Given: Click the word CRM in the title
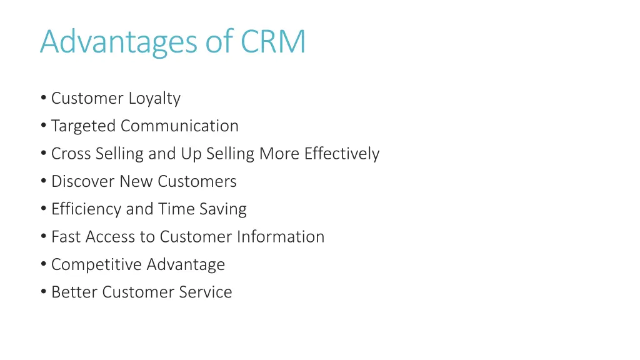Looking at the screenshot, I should coord(273,41).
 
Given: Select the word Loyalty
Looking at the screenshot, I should coord(154,99).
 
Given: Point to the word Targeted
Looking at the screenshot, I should coord(84,126).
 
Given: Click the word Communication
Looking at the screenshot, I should coord(179,126).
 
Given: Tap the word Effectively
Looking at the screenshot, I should coord(342,154).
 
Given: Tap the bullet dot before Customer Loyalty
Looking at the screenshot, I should coord(42,99).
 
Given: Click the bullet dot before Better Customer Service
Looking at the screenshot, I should coord(42,292).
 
